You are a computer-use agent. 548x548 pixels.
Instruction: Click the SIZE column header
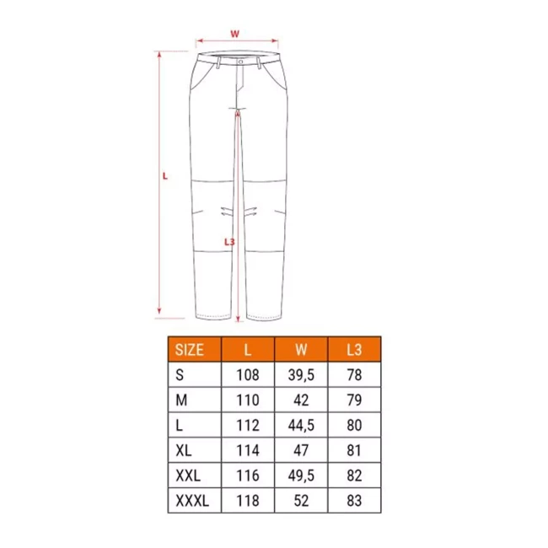189,350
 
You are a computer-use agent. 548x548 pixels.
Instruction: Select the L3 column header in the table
354,350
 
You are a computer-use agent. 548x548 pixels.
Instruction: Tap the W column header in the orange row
301,350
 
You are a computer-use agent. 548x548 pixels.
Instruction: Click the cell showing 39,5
301,375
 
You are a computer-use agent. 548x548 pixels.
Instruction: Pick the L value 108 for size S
248,375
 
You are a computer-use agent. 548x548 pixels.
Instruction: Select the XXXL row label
192,501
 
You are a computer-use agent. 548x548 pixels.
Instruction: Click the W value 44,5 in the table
301,425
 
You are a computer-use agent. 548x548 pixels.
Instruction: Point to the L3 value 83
354,501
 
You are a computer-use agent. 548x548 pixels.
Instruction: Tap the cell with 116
248,475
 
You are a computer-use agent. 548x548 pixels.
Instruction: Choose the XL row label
184,450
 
